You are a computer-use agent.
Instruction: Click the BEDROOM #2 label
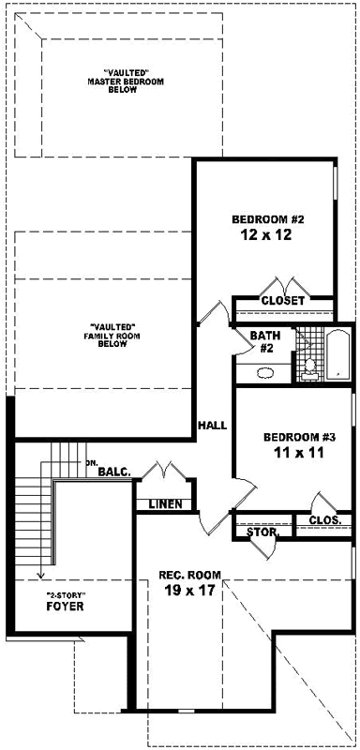tap(269, 220)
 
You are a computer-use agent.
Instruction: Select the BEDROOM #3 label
tap(298, 438)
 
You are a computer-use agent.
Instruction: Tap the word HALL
tap(212, 426)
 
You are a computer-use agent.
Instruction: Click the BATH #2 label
tap(261, 341)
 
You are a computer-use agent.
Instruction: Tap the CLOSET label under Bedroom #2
tap(282, 301)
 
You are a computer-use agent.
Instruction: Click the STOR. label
tap(262, 532)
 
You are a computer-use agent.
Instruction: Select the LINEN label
tap(165, 505)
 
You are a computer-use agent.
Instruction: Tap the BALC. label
tap(113, 472)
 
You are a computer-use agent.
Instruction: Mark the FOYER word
tap(65, 607)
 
